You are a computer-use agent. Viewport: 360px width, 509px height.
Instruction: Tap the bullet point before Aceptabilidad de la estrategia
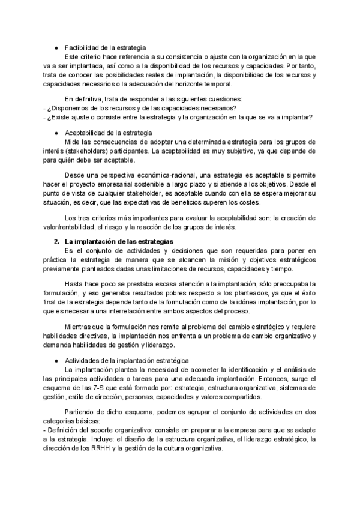click(x=56, y=133)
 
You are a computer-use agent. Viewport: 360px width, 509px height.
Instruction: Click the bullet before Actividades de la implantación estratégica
click(x=56, y=360)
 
